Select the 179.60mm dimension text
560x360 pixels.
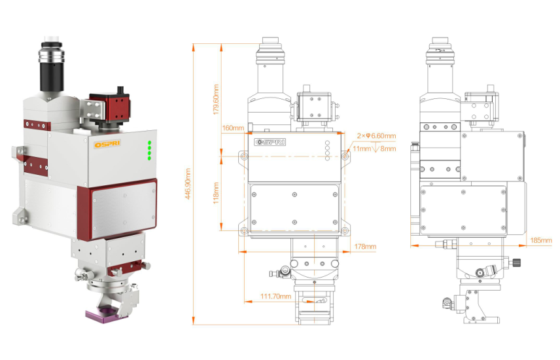click(x=217, y=98)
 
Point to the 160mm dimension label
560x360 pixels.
click(x=232, y=128)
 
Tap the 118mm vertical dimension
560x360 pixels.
click(x=217, y=193)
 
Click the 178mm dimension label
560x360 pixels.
click(x=365, y=247)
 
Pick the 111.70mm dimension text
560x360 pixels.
click(x=275, y=297)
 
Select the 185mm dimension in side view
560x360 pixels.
click(x=540, y=241)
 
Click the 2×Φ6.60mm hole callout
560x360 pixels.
click(x=376, y=136)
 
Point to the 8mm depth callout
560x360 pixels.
click(x=388, y=149)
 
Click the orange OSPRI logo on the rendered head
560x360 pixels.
click(x=105, y=143)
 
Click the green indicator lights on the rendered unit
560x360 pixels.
click(x=149, y=151)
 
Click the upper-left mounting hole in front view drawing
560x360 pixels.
click(x=244, y=156)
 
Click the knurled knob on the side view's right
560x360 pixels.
click(x=516, y=264)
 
